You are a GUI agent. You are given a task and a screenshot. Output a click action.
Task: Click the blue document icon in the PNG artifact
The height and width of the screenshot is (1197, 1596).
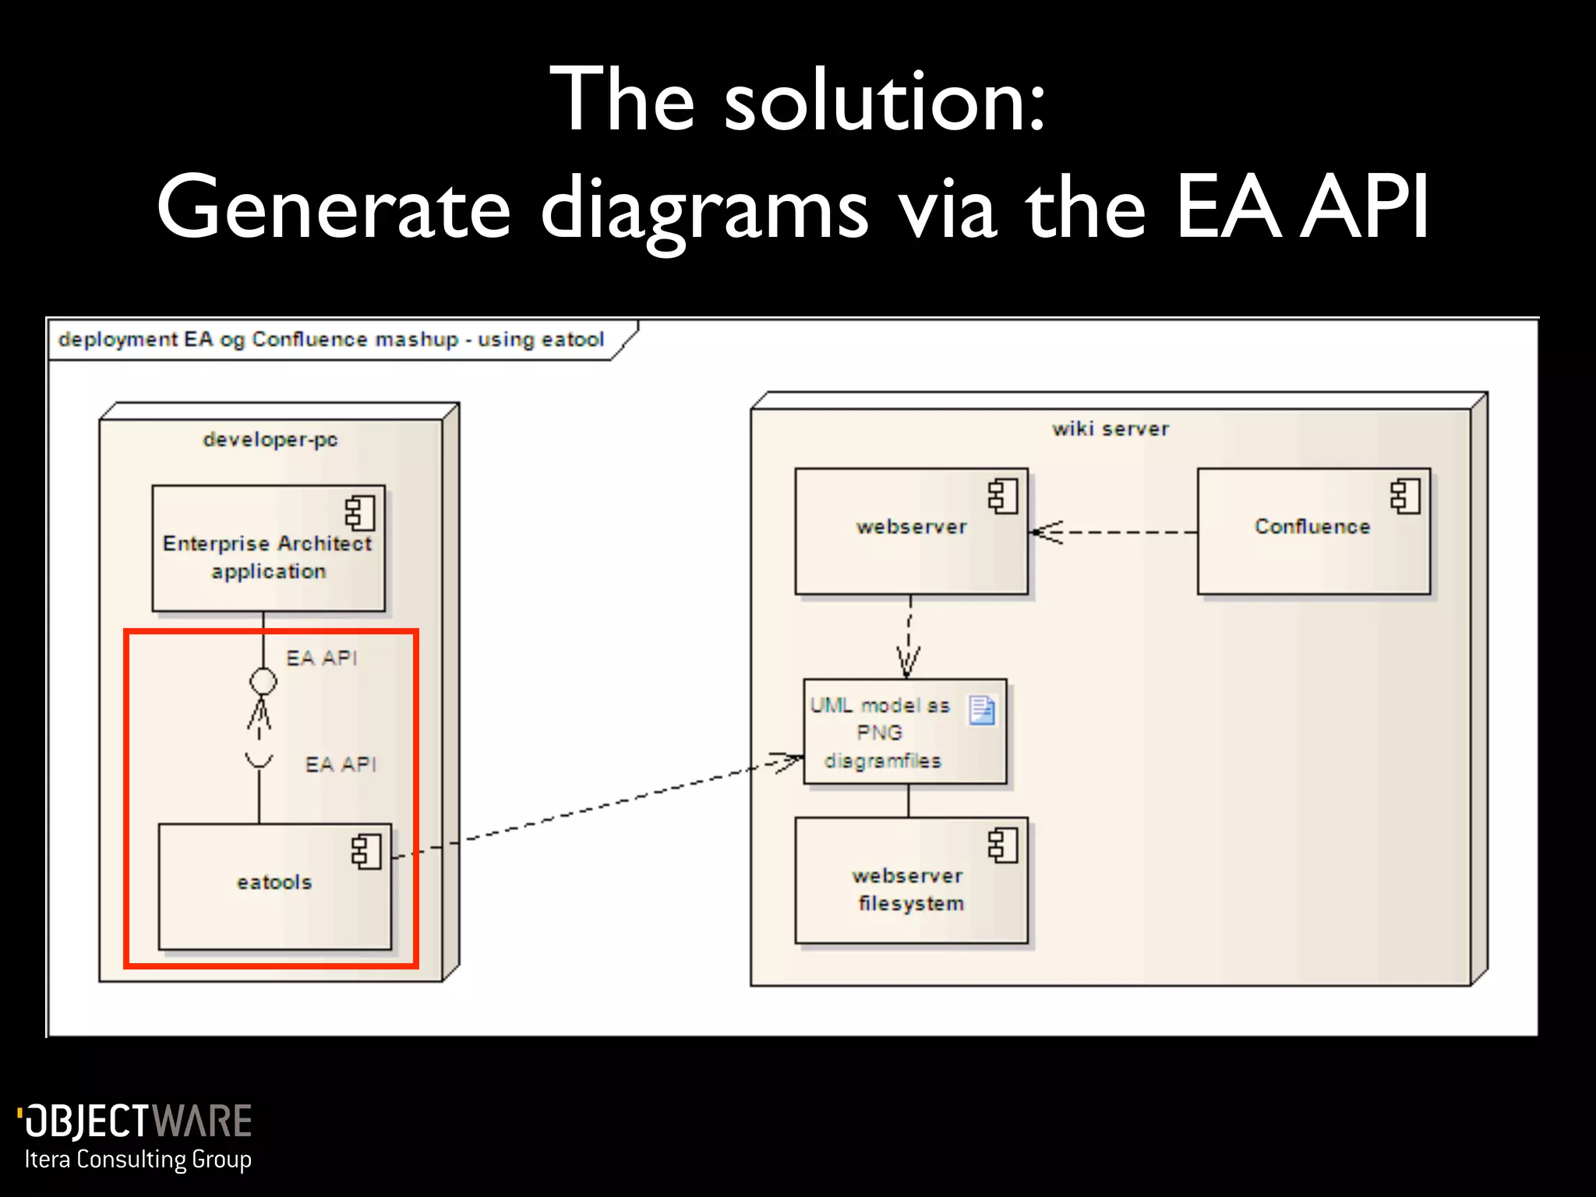tap(982, 710)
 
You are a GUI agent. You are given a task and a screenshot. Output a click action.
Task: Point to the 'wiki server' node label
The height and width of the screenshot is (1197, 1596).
tap(1110, 429)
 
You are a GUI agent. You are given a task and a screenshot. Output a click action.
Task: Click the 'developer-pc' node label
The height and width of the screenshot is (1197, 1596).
tap(270, 440)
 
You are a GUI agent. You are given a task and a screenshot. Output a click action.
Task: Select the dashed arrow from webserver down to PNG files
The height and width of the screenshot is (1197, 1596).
tap(909, 635)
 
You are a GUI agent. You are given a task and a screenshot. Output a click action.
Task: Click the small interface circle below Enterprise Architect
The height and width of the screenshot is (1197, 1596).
tap(263, 681)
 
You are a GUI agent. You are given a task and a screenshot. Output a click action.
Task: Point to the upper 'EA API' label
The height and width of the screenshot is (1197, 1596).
tap(321, 659)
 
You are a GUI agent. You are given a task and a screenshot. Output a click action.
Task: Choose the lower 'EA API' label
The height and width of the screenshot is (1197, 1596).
tap(341, 764)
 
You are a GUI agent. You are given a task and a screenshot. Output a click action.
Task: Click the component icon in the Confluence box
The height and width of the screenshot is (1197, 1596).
tap(1405, 496)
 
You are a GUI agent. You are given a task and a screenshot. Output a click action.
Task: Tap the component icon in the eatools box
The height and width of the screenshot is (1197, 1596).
tap(366, 851)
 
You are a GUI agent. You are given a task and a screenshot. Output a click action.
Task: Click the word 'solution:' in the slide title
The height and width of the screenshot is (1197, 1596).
tap(885, 101)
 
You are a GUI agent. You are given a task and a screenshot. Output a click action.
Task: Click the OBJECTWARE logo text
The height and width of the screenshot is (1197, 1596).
tap(136, 1121)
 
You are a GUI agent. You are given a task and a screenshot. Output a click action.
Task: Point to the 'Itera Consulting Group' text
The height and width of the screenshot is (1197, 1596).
tap(138, 1160)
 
